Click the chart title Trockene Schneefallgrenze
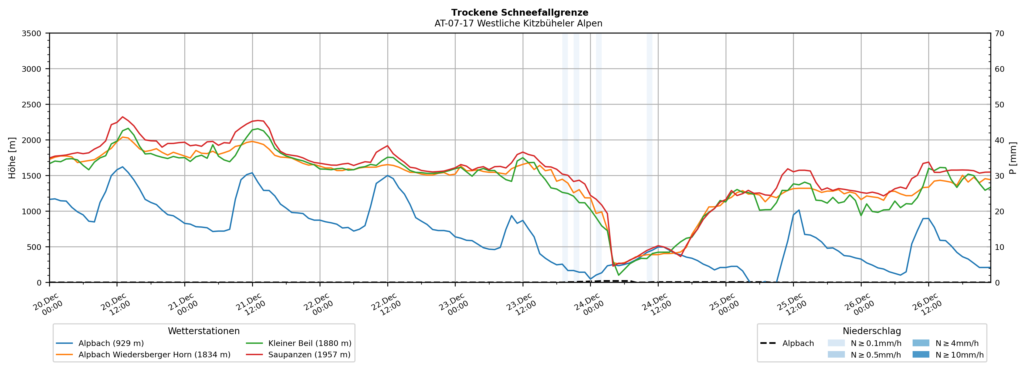[519, 13]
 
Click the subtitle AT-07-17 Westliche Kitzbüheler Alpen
[518, 23]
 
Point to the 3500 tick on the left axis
[32, 33]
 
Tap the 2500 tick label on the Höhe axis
[32, 105]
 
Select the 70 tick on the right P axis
[999, 33]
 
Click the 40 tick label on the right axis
[999, 140]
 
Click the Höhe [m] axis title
[12, 158]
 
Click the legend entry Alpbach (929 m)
[111, 343]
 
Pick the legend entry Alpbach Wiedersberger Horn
[154, 355]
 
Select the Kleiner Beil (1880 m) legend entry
[309, 343]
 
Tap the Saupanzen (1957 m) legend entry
[309, 355]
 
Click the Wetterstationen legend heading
[204, 331]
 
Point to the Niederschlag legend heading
[871, 331]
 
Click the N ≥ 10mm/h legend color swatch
[920, 354]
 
